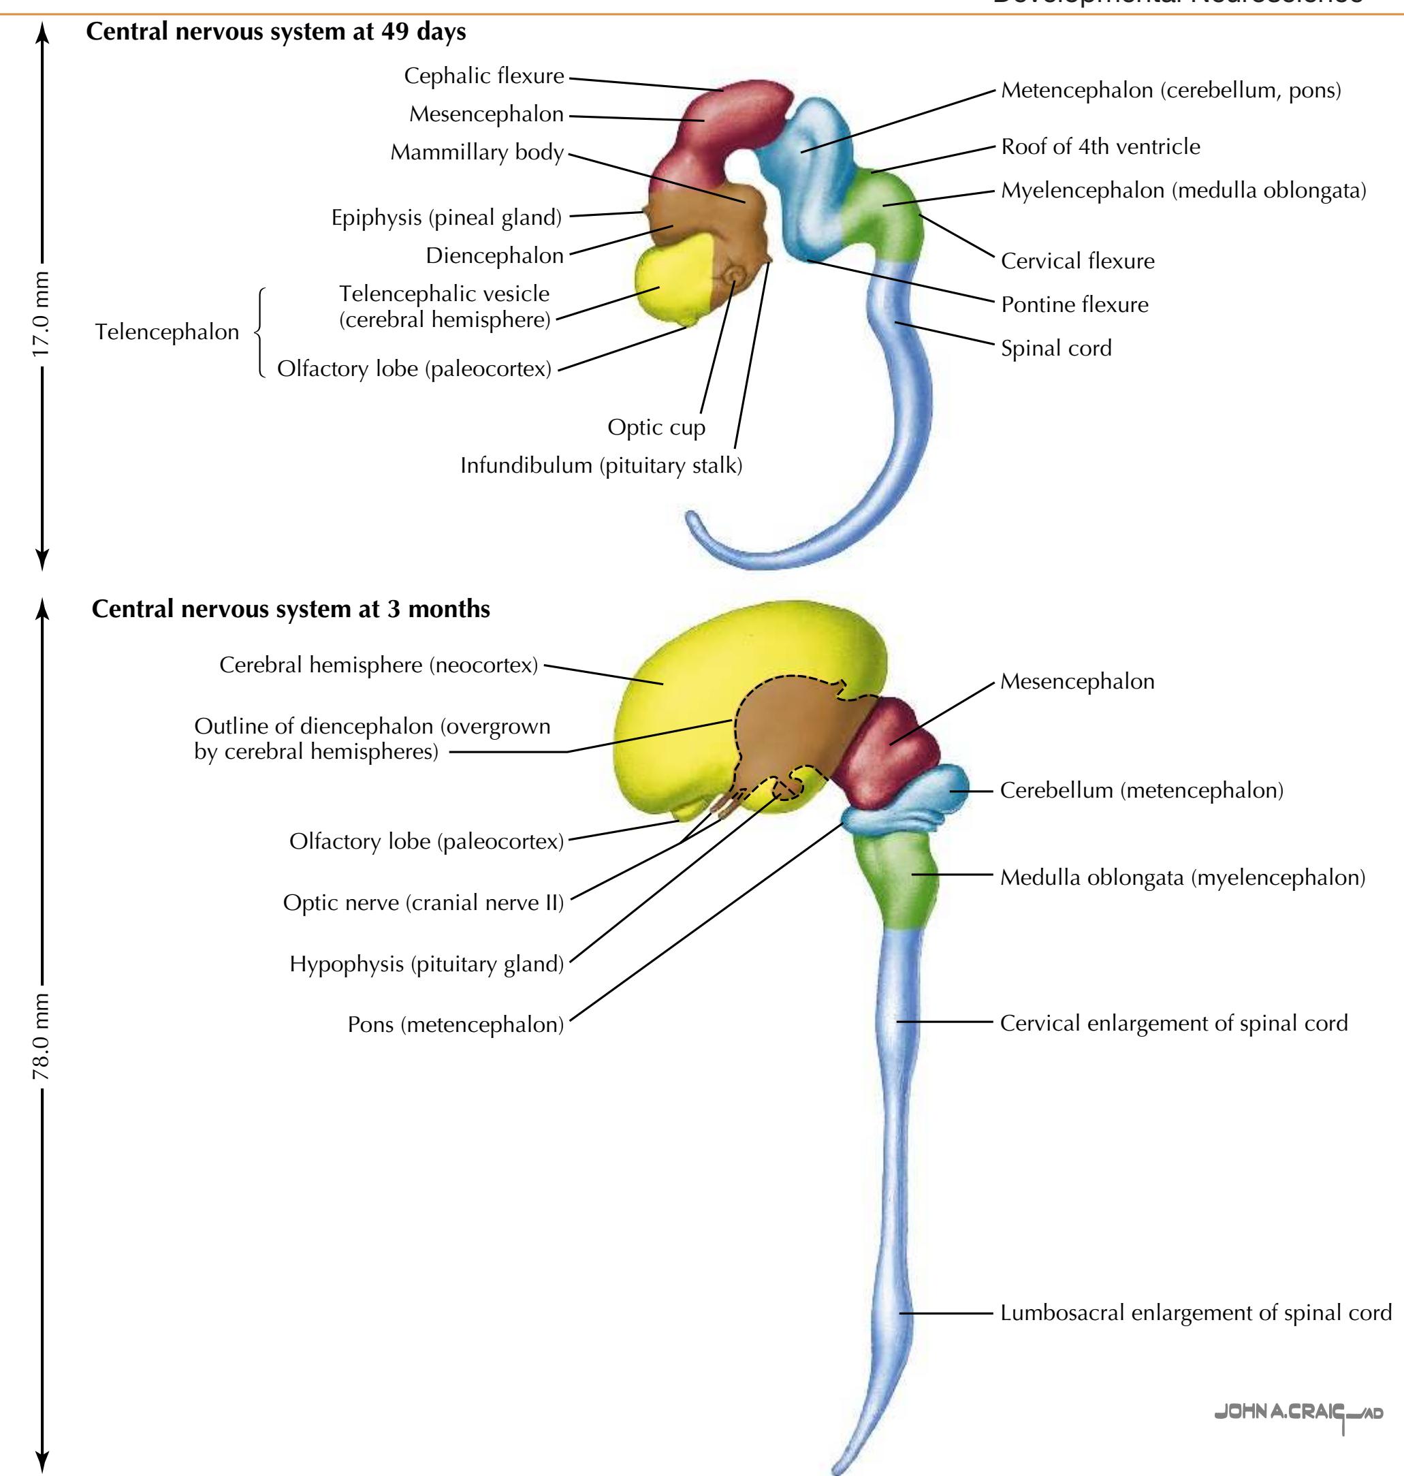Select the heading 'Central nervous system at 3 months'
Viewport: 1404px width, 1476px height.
coord(290,608)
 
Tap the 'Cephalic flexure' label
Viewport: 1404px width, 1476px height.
coord(483,76)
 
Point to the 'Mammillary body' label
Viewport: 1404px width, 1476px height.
coord(477,152)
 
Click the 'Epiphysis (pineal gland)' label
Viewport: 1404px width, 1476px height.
coord(446,217)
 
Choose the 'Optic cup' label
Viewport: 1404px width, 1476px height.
coord(656,427)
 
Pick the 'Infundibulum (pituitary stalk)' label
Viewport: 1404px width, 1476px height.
coord(601,466)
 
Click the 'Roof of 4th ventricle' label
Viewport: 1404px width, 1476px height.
coord(1100,146)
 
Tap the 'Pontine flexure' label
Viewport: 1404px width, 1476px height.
coord(1074,304)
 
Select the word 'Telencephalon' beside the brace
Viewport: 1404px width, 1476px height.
coord(167,332)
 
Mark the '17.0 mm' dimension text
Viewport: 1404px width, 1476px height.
coord(40,313)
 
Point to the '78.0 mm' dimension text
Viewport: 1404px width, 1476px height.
coord(40,1037)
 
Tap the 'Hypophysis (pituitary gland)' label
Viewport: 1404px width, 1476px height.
coord(427,964)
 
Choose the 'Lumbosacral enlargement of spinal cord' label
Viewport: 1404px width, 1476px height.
coord(1195,1313)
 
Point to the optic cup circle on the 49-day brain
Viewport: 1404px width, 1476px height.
coord(735,276)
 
